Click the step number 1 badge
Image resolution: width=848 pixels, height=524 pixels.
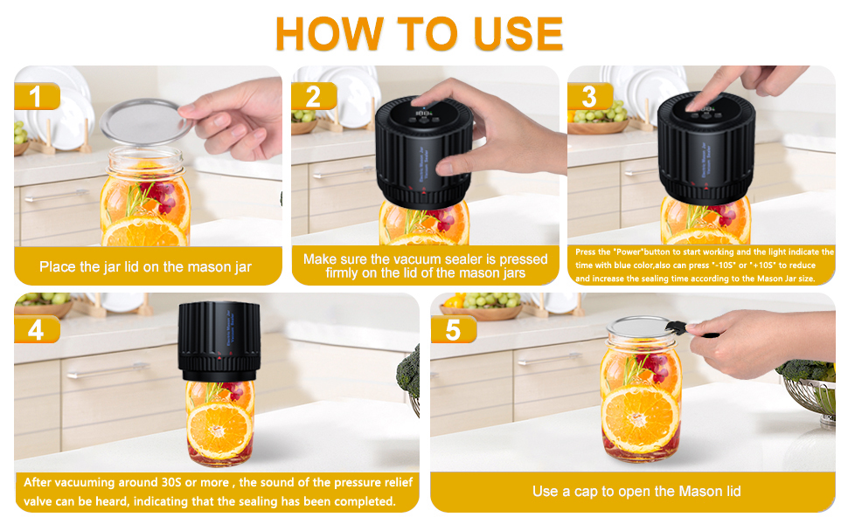pos(35,96)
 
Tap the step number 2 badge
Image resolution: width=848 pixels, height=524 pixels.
pos(313,96)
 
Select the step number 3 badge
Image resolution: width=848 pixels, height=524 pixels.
pos(589,96)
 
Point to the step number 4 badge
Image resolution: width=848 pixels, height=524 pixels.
pos(36,329)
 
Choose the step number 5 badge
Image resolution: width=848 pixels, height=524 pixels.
pos(452,329)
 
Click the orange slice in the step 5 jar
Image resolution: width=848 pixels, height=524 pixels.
pos(640,417)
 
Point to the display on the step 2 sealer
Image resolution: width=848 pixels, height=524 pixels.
pos(426,114)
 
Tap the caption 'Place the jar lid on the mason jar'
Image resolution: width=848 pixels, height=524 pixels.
pos(146,266)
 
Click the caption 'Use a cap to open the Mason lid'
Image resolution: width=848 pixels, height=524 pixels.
pos(636,492)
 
